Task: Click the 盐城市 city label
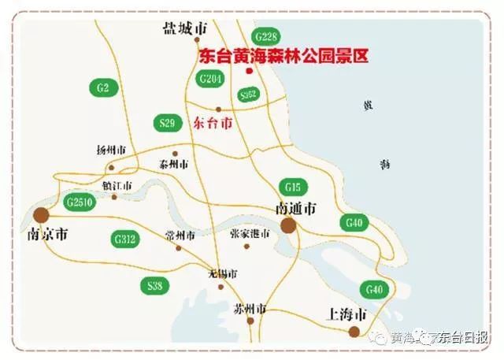[184, 28]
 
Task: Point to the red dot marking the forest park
[249, 72]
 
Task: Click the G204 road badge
[211, 78]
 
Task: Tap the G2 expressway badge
[103, 87]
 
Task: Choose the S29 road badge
[166, 123]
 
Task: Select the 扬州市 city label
[111, 150]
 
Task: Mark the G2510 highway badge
[80, 202]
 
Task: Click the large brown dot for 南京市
[41, 214]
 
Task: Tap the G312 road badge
[125, 238]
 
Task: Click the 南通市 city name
[295, 209]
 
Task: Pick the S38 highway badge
[154, 285]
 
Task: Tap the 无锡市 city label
[222, 273]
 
